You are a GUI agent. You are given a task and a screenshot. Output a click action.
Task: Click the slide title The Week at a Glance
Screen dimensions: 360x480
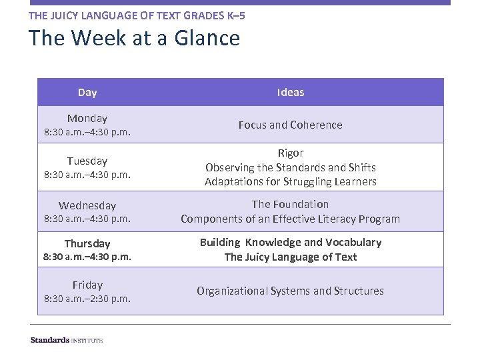pyautogui.click(x=134, y=38)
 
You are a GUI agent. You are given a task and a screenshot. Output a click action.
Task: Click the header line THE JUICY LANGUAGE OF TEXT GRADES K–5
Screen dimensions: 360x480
pyautogui.click(x=137, y=15)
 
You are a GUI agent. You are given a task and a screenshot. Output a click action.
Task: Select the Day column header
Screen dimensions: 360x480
pyautogui.click(x=87, y=92)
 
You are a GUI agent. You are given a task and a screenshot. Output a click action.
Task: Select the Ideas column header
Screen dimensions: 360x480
pyautogui.click(x=290, y=92)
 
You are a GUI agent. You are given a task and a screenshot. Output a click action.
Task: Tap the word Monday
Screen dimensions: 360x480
pyautogui.click(x=87, y=118)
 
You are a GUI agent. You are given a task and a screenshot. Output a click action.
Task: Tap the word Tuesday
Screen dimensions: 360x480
pyautogui.click(x=87, y=161)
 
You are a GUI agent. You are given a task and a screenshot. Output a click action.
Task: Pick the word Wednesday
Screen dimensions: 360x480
pyautogui.click(x=87, y=205)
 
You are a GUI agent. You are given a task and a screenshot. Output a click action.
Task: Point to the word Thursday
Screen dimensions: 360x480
pyautogui.click(x=87, y=243)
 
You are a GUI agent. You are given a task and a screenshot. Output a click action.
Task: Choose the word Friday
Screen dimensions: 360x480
pyautogui.click(x=87, y=285)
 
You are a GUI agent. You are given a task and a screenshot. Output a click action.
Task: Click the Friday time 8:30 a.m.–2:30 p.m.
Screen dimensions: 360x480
pyautogui.click(x=87, y=299)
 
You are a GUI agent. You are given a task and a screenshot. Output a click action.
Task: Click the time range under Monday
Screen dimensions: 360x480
pyautogui.click(x=87, y=132)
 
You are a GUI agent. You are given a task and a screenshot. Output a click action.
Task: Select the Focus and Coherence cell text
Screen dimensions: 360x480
pyautogui.click(x=290, y=125)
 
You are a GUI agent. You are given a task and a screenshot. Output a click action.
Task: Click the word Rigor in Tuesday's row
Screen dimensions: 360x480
pyautogui.click(x=290, y=153)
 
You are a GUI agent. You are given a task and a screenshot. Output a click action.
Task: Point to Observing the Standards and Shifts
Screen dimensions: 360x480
pyautogui.click(x=290, y=167)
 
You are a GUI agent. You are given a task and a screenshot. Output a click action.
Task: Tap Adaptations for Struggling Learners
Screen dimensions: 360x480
pyautogui.click(x=290, y=181)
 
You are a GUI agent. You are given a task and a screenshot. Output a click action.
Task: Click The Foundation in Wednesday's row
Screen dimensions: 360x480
pyautogui.click(x=290, y=204)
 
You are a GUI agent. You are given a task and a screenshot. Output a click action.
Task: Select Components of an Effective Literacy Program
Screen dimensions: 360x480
pyautogui.click(x=290, y=219)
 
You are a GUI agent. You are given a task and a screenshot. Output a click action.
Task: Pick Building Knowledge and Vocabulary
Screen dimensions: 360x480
pyautogui.click(x=290, y=242)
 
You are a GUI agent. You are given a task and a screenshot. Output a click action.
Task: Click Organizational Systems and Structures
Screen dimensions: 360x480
pyautogui.click(x=290, y=291)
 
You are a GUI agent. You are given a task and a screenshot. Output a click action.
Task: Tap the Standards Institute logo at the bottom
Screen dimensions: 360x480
pyautogui.click(x=67, y=340)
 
